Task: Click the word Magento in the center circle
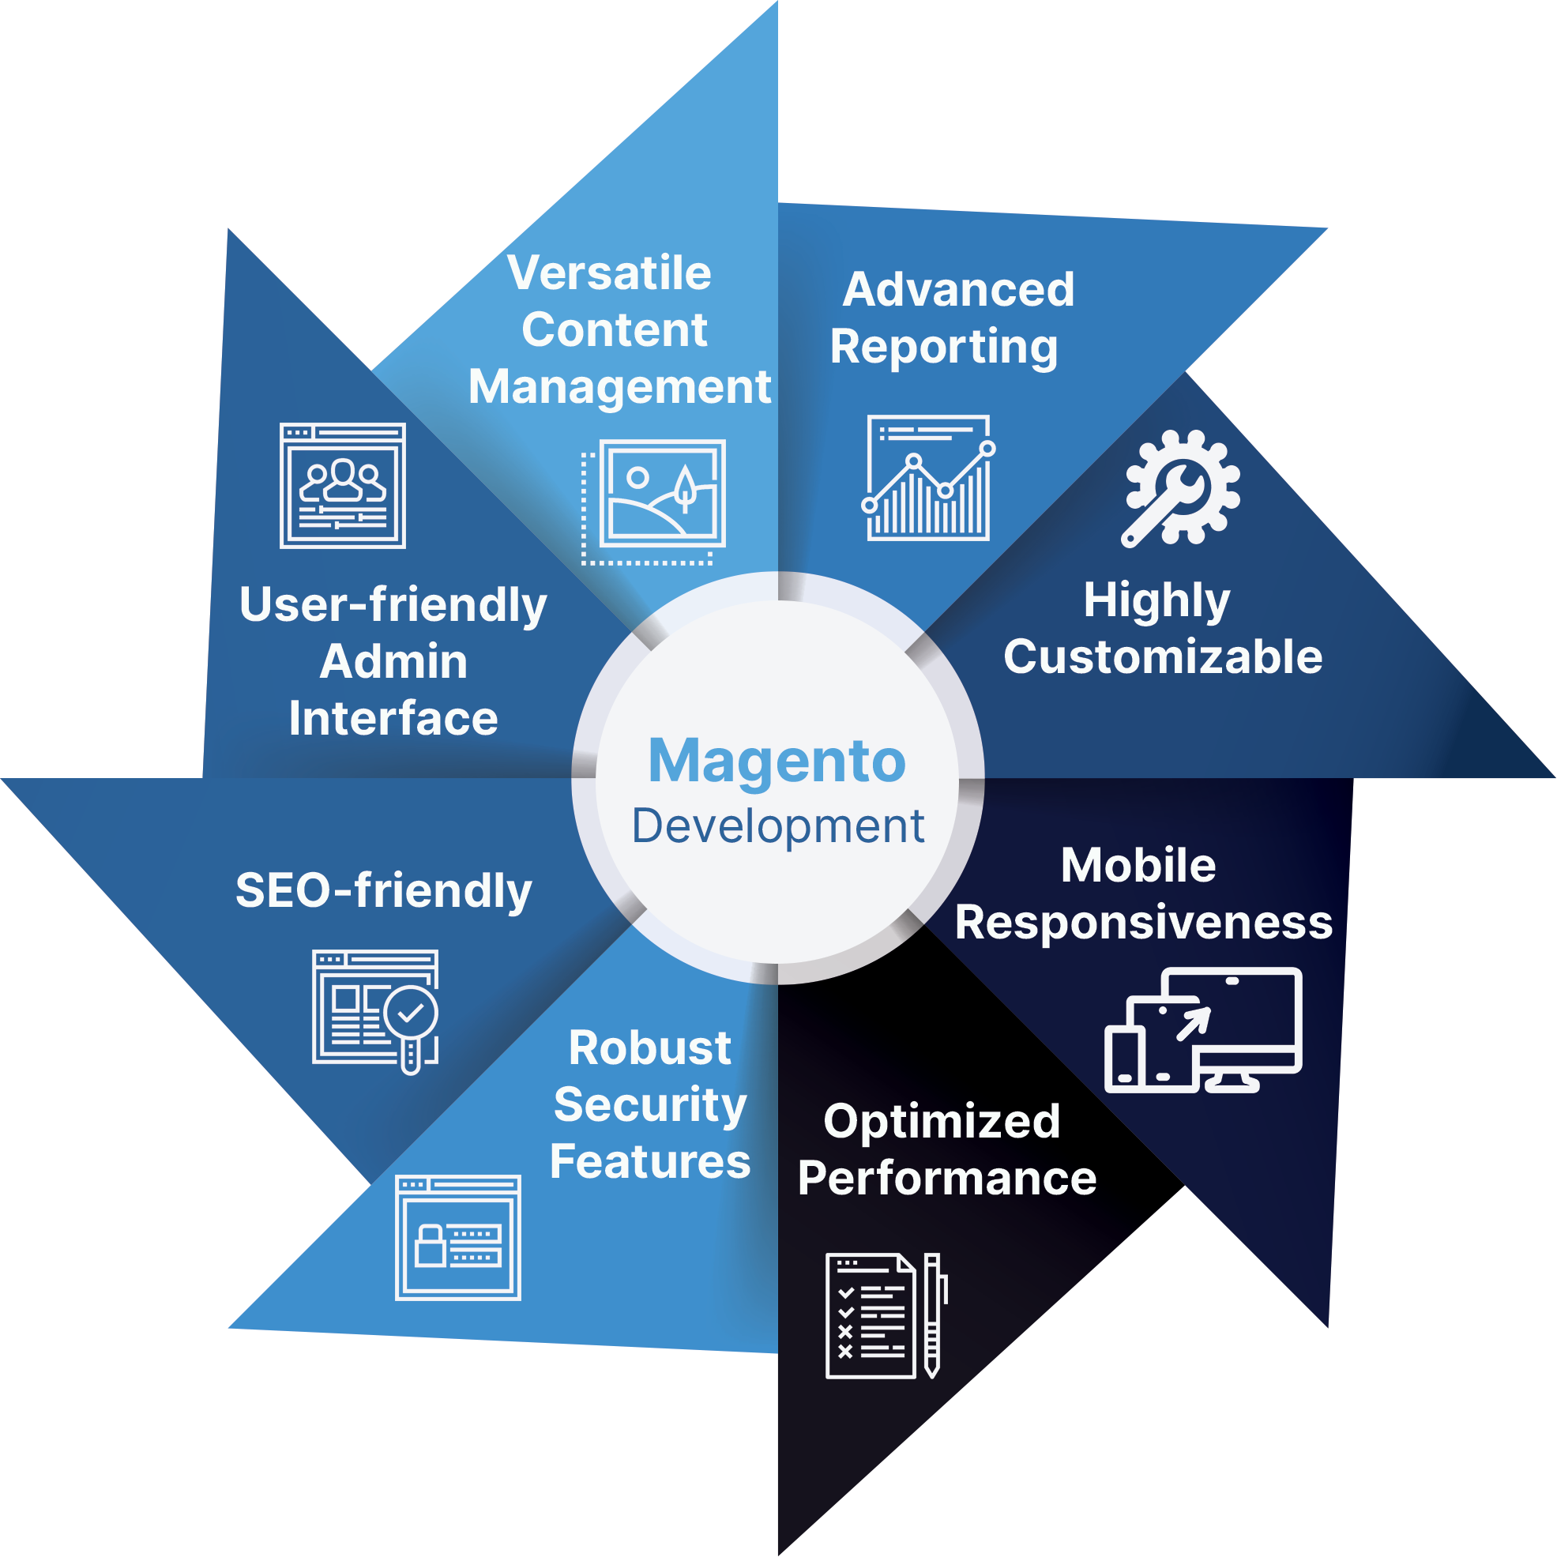pyautogui.click(x=777, y=761)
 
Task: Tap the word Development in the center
pyautogui.click(x=777, y=826)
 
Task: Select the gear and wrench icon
pyautogui.click(x=1181, y=488)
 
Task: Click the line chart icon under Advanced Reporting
pyautogui.click(x=928, y=478)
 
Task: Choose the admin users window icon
pyautogui.click(x=343, y=486)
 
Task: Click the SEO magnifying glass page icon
pyautogui.click(x=375, y=1010)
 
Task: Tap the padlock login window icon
pyautogui.click(x=457, y=1238)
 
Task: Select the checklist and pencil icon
pyautogui.click(x=886, y=1315)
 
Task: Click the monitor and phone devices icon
pyautogui.click(x=1203, y=1031)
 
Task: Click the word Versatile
pyautogui.click(x=609, y=273)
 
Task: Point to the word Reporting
pyautogui.click(x=944, y=348)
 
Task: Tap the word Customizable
pyautogui.click(x=1163, y=656)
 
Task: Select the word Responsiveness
pyautogui.click(x=1144, y=922)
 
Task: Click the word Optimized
pyautogui.click(x=942, y=1122)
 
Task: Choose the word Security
pyautogui.click(x=650, y=1105)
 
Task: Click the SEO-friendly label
pyautogui.click(x=384, y=890)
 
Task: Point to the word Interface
pyautogui.click(x=393, y=719)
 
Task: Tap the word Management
pyautogui.click(x=620, y=388)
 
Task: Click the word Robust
pyautogui.click(x=650, y=1047)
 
